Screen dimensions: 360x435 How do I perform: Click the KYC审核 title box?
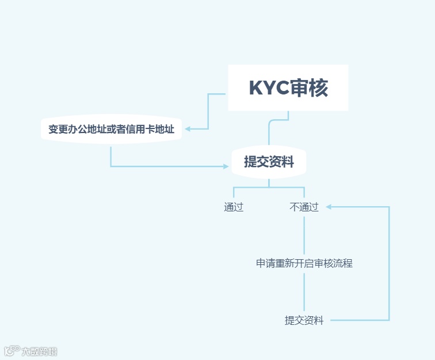pyautogui.click(x=288, y=88)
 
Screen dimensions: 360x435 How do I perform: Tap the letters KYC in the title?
pyautogui.click(x=269, y=88)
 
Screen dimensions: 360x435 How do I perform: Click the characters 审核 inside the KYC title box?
pyautogui.click(x=309, y=88)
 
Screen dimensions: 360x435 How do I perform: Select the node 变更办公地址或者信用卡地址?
pyautogui.click(x=111, y=129)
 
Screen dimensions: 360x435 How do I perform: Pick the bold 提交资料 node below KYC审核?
pyautogui.click(x=269, y=162)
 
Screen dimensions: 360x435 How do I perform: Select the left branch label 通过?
pyautogui.click(x=234, y=207)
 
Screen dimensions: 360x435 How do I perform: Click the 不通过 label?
pyautogui.click(x=304, y=207)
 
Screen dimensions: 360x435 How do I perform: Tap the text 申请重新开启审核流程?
pyautogui.click(x=304, y=263)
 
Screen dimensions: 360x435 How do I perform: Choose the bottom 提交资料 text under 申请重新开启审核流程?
pyautogui.click(x=304, y=320)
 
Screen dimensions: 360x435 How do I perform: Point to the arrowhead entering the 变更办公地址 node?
pyautogui.click(x=188, y=129)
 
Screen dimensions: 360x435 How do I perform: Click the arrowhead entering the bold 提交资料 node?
pyautogui.click(x=226, y=166)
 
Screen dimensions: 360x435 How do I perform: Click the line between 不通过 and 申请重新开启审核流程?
pyautogui.click(x=304, y=235)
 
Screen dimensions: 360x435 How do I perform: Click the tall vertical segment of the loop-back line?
pyautogui.click(x=389, y=263)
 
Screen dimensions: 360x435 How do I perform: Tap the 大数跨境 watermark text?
pyautogui.click(x=39, y=351)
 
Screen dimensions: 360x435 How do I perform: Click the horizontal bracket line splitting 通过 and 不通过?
pyautogui.click(x=269, y=187)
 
